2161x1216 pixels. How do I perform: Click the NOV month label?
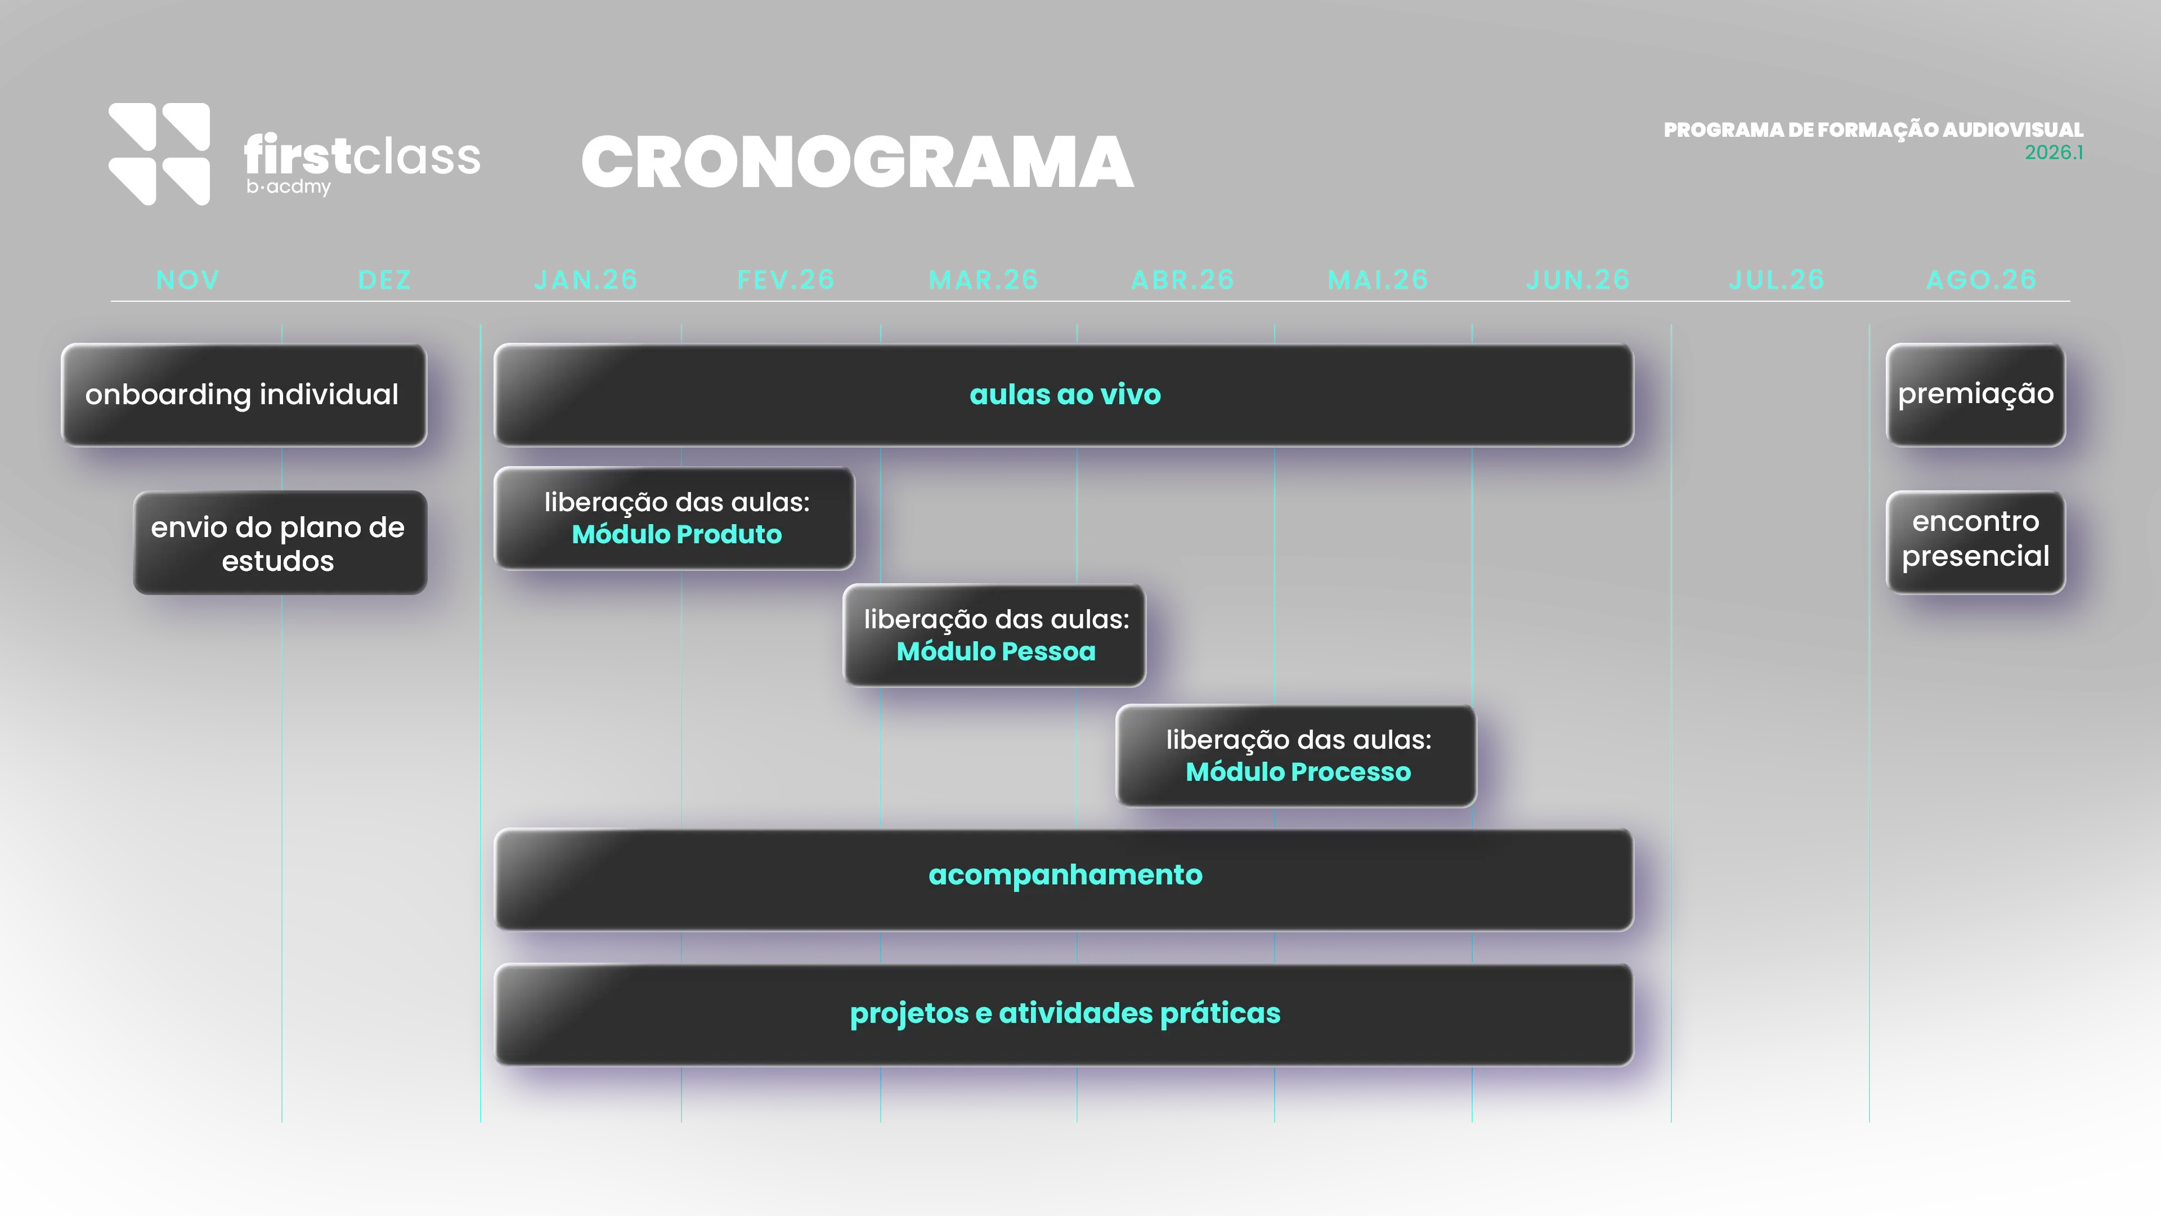point(188,279)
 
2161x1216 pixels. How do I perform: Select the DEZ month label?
point(384,279)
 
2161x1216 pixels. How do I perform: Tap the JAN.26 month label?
point(585,279)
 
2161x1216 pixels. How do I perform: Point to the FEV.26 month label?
point(786,279)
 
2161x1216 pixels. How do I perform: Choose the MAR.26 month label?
point(983,279)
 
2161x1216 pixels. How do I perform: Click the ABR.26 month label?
point(1183,279)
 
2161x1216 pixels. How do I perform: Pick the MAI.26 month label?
point(1378,279)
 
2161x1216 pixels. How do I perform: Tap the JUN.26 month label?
point(1578,279)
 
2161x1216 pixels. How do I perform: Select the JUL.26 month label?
point(1776,279)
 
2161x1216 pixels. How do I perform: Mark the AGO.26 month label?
point(1981,279)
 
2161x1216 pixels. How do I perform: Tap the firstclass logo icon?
point(159,154)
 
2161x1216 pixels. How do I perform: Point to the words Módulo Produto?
point(676,535)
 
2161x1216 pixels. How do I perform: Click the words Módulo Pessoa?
point(996,651)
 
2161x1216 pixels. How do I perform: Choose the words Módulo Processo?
point(1298,772)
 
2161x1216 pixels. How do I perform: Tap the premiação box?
point(1976,395)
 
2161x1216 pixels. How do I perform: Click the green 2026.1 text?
point(2054,153)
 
